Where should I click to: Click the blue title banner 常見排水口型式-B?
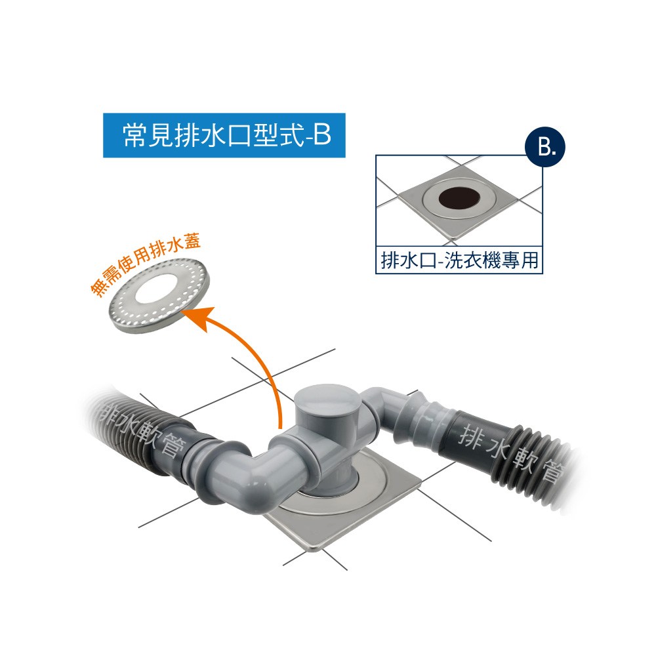224,135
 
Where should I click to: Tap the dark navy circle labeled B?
545,147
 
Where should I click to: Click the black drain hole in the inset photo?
459,198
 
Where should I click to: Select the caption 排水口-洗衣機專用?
459,260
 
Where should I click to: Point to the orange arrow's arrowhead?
201,318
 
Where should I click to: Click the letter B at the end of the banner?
322,135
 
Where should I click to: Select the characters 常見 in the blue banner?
148,135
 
